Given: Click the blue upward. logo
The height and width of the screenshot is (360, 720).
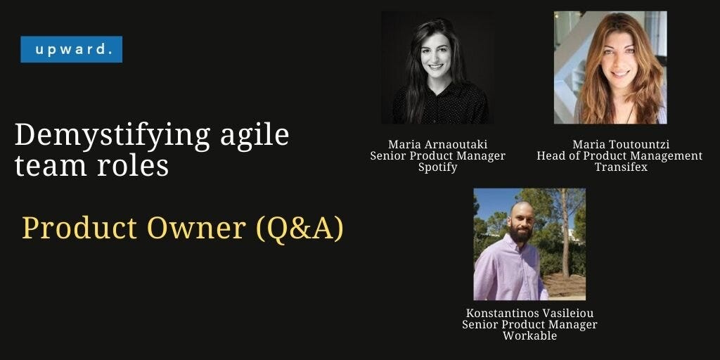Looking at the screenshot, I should (x=71, y=50).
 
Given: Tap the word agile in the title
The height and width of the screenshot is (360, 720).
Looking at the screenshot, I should (x=254, y=134).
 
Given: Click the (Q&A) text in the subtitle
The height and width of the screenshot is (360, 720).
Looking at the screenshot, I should (x=300, y=228).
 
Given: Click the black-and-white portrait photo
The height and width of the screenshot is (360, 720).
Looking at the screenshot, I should (x=437, y=67).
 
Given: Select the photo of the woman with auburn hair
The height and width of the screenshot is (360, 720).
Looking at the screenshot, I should (x=610, y=67).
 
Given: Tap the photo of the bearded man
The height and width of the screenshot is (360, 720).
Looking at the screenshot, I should (x=529, y=244).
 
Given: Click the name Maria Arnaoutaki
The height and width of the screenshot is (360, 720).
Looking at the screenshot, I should (x=437, y=145).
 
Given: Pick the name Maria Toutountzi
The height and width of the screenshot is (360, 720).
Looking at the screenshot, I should (x=620, y=145).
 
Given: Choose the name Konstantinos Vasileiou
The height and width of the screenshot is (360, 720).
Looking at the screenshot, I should (x=529, y=313).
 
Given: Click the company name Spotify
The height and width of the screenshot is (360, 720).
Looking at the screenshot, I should (x=437, y=167).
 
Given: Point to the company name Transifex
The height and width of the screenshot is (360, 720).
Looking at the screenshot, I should (x=620, y=167).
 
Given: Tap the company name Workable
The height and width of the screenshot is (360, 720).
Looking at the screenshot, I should (x=529, y=335).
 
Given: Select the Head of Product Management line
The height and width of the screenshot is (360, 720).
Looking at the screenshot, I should (x=620, y=156).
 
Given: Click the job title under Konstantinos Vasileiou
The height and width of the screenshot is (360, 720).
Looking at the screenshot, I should (x=529, y=324).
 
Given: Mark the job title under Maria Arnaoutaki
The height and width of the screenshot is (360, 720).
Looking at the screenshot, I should (x=437, y=156).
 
